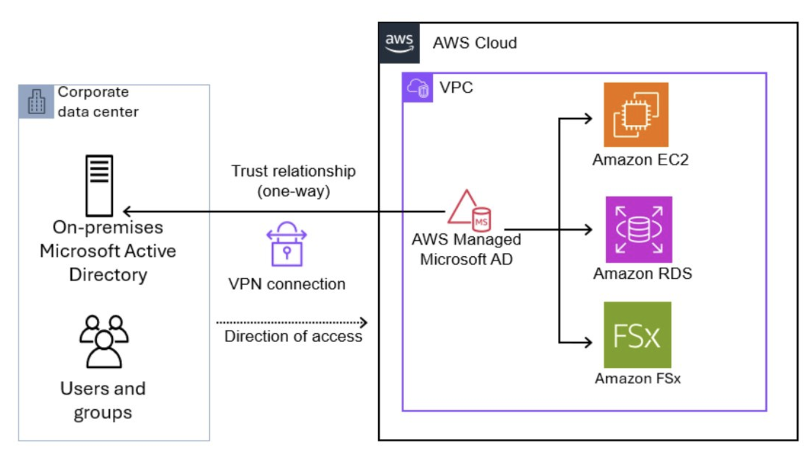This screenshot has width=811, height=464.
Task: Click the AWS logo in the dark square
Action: [x=399, y=43]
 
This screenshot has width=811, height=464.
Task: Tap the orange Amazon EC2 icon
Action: [x=635, y=114]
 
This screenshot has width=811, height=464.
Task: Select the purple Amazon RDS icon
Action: [x=638, y=229]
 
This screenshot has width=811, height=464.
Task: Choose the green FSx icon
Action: [x=637, y=335]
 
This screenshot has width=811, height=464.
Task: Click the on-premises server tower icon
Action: [x=99, y=186]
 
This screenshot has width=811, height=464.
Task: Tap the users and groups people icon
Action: [x=104, y=341]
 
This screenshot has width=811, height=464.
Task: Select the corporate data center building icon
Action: [x=36, y=102]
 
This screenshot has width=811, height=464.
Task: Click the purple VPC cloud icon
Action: [x=418, y=88]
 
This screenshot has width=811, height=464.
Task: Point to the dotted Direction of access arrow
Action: [x=292, y=322]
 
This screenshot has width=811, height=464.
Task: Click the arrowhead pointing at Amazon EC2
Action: [x=588, y=119]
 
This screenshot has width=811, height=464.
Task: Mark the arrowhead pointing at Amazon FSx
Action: [x=588, y=342]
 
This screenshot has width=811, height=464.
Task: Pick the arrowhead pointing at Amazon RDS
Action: [x=588, y=229]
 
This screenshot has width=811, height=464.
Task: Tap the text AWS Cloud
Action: [x=475, y=43]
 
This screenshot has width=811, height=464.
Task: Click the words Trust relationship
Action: [x=293, y=171]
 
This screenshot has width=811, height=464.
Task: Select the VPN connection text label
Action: [x=287, y=284]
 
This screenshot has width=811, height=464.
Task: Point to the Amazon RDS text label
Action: [x=642, y=273]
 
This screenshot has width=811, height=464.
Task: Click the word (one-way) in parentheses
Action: [x=293, y=191]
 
